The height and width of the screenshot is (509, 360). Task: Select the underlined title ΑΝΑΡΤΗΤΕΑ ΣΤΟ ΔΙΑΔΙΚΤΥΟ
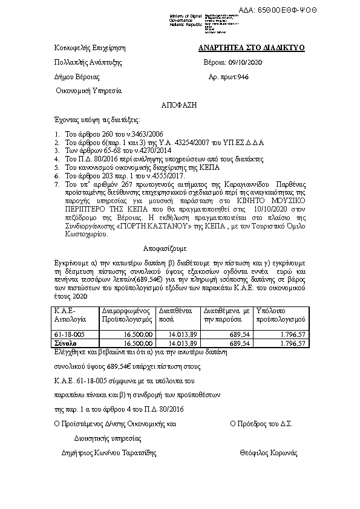pos(252,48)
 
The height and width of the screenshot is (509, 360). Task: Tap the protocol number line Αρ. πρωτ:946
pos(228,77)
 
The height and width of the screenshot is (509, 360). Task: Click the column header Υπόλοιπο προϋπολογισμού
pos(281,314)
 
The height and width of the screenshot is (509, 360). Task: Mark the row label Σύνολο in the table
pos(66,343)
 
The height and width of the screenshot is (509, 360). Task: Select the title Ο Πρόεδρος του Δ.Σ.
pos(261,424)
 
